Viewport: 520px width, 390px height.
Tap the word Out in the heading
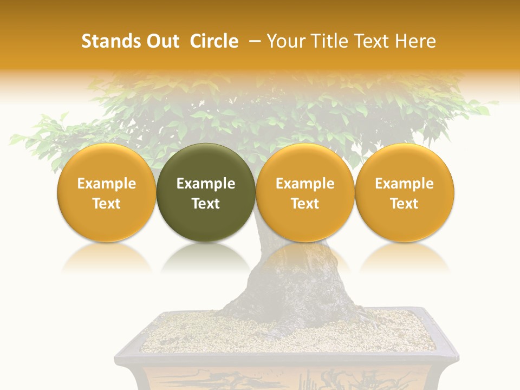click(x=161, y=41)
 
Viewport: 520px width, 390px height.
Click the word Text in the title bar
click(x=372, y=41)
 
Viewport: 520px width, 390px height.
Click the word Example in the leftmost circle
click(x=107, y=184)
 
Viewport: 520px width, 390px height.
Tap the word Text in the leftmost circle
click(x=107, y=204)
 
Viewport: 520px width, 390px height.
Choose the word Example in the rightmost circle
click(x=404, y=184)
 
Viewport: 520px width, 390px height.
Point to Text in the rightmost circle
click(x=404, y=204)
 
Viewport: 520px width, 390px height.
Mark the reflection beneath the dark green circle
click(x=206, y=257)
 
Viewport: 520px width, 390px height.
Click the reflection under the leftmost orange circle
click(x=107, y=257)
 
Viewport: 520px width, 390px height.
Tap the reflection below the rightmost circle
click(x=404, y=257)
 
